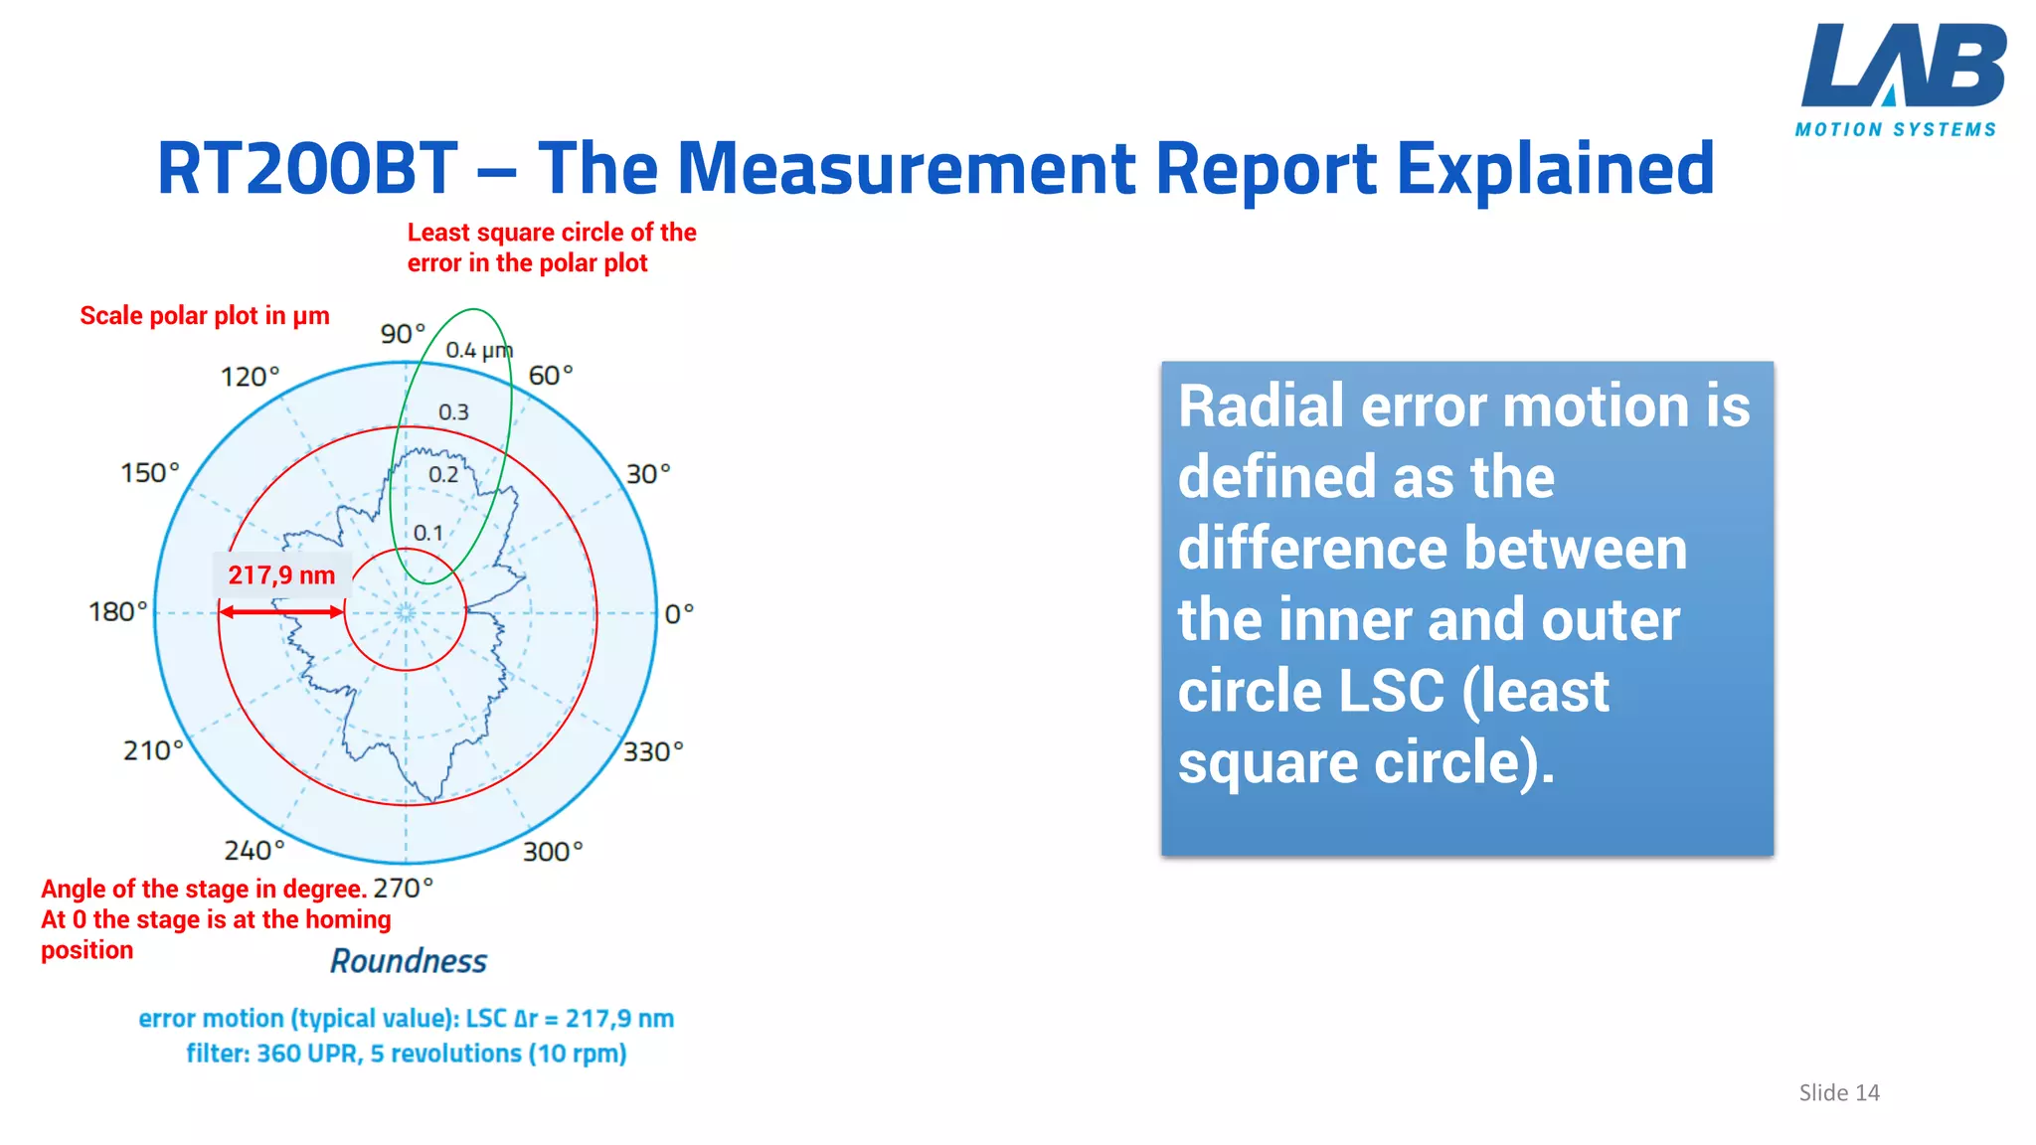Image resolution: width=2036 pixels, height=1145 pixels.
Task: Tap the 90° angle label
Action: (403, 334)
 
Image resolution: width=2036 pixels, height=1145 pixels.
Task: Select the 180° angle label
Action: (117, 611)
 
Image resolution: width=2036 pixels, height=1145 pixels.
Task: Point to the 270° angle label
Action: (403, 888)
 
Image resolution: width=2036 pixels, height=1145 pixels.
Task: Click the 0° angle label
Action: (679, 614)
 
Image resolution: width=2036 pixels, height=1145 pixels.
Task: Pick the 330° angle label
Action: (653, 751)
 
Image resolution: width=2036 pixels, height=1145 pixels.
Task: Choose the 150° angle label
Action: (150, 472)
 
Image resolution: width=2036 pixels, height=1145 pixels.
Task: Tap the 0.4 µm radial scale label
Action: (478, 351)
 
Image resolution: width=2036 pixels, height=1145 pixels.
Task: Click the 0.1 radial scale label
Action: (428, 534)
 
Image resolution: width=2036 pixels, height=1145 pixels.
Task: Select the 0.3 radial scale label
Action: (453, 412)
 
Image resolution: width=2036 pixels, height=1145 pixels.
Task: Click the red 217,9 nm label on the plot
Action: (281, 575)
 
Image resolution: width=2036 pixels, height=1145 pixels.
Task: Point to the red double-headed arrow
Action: (281, 611)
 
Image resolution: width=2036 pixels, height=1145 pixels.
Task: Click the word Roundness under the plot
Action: (409, 961)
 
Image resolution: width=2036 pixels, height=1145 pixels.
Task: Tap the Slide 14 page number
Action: (1838, 1092)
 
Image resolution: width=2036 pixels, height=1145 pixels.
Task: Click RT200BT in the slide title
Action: (307, 168)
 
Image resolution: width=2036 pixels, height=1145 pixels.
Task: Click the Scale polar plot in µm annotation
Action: (205, 316)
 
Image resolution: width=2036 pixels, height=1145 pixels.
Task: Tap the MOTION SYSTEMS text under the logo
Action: (1895, 130)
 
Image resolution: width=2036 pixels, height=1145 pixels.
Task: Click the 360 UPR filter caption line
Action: (407, 1054)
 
